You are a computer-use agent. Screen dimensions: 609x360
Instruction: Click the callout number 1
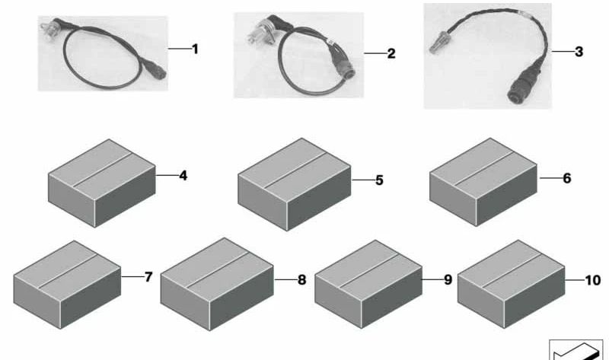(x=196, y=49)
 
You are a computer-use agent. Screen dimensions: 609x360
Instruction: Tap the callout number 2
(x=391, y=53)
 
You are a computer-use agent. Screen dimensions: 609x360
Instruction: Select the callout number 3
(x=579, y=52)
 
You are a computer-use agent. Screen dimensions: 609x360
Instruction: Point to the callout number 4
(x=183, y=176)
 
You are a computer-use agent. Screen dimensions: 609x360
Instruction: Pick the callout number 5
(x=379, y=180)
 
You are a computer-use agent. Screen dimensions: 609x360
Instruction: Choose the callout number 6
(x=567, y=178)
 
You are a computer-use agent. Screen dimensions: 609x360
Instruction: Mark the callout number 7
(x=148, y=277)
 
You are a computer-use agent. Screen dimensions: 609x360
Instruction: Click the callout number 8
(x=301, y=279)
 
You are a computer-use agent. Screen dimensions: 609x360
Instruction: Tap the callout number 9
(x=448, y=279)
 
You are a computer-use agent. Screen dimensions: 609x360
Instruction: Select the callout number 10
(x=593, y=280)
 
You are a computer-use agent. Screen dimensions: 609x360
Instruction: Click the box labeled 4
(x=102, y=183)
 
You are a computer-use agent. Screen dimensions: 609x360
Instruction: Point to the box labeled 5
(x=295, y=184)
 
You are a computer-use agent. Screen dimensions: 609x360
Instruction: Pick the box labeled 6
(x=483, y=182)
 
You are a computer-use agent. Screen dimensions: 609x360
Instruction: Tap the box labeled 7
(x=67, y=285)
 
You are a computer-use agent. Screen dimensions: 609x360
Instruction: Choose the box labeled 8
(x=217, y=285)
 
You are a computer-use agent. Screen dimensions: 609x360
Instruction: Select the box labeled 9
(x=368, y=285)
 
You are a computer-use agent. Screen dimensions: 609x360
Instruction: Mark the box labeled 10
(x=511, y=285)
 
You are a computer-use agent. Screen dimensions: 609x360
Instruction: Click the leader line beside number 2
(x=375, y=53)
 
